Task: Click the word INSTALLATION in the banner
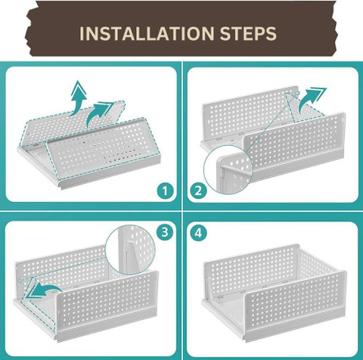pos(147,33)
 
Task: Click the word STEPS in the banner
pos(248,33)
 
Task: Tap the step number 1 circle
pos(165,191)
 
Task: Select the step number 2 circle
pos(198,191)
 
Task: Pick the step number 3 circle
pos(165,232)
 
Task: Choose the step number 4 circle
pos(198,233)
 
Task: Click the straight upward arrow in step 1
pos(78,98)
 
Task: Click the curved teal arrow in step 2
pos(312,100)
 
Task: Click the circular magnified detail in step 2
pos(228,171)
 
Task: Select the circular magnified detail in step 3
pos(130,250)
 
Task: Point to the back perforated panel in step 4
pos(252,270)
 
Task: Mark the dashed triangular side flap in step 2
pos(304,108)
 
